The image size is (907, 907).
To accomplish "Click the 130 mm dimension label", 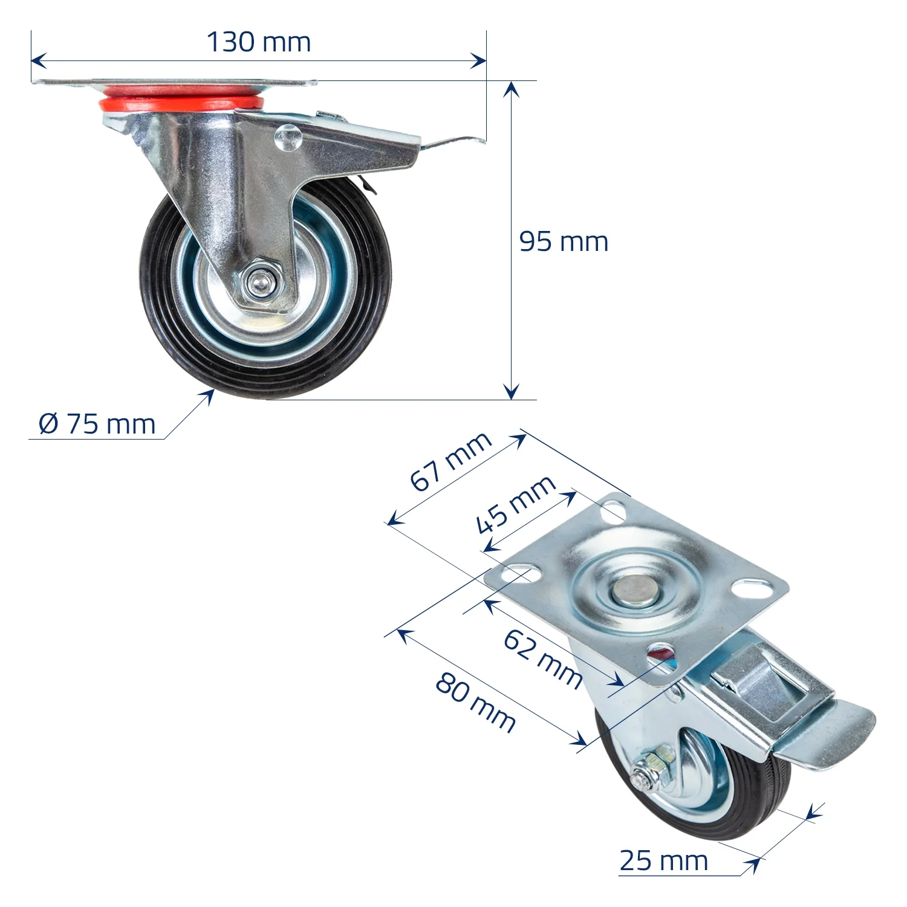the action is (x=259, y=42).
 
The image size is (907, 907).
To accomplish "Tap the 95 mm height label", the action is (x=564, y=242).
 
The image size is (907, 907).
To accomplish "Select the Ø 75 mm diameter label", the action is (x=97, y=424).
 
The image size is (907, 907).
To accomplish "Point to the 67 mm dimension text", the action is (x=450, y=461).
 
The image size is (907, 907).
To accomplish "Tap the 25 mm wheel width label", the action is (x=663, y=860).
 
